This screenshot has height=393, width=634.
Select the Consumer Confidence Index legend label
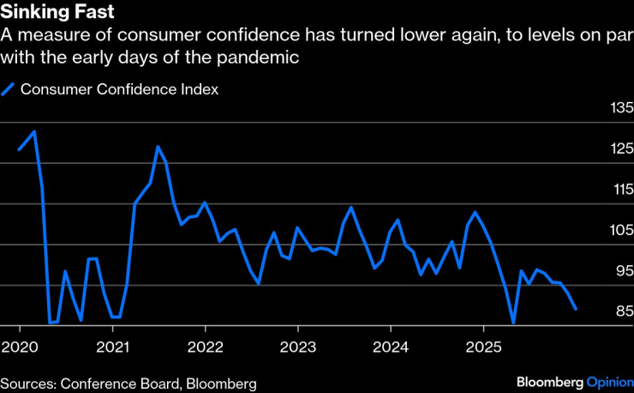[x=120, y=89]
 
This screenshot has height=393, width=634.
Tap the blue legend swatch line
[x=9, y=89]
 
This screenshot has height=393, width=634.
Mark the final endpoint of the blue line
[x=575, y=308]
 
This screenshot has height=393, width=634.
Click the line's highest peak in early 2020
[x=34, y=132]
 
